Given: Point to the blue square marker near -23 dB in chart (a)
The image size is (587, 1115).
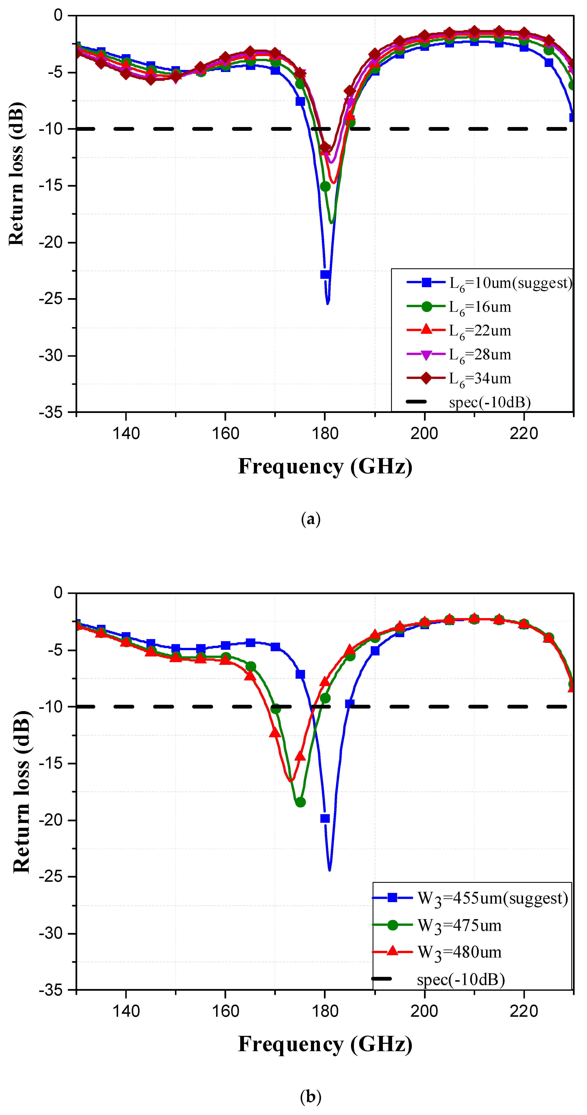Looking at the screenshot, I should tap(325, 274).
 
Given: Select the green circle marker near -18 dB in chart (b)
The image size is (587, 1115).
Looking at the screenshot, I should tap(300, 802).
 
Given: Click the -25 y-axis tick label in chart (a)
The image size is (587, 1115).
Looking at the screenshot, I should tap(51, 299).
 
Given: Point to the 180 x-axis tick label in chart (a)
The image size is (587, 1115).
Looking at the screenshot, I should tap(325, 433).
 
